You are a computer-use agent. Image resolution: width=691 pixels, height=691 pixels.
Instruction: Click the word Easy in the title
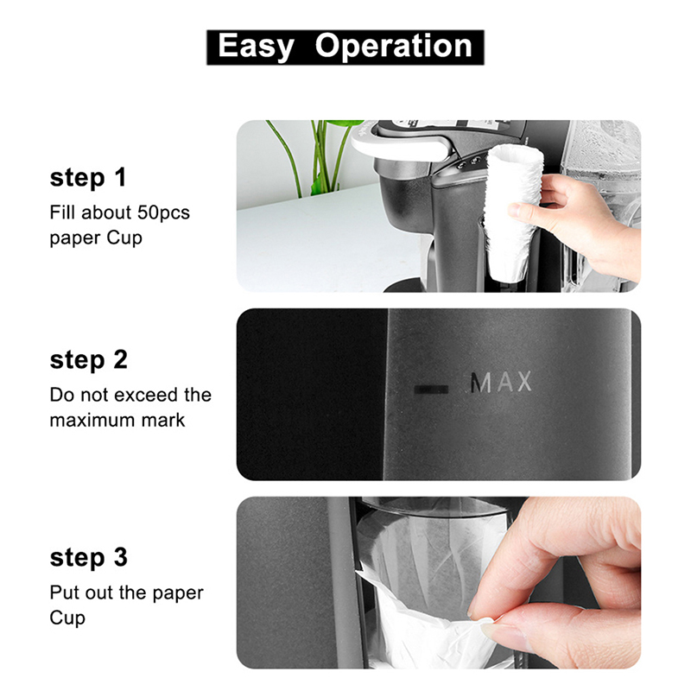tap(256, 47)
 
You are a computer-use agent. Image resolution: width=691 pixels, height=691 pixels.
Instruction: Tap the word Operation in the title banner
tap(394, 47)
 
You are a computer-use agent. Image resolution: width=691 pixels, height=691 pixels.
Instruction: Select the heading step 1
tap(88, 178)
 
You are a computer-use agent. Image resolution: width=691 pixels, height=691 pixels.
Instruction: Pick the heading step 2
tap(89, 360)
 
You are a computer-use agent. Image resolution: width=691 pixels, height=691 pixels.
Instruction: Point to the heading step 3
tap(89, 557)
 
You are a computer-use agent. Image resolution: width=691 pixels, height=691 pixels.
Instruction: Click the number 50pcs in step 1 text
tap(163, 212)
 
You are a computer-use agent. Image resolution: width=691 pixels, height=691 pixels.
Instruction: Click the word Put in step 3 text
tap(65, 593)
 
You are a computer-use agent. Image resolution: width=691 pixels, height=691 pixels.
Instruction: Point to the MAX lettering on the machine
tap(501, 382)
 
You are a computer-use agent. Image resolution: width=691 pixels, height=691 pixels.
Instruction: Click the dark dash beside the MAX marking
tap(431, 390)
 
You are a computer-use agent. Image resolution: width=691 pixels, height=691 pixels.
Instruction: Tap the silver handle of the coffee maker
tap(400, 143)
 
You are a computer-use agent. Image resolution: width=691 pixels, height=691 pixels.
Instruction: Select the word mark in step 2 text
tap(163, 421)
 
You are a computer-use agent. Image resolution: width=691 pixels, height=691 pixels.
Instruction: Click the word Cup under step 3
tap(67, 618)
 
